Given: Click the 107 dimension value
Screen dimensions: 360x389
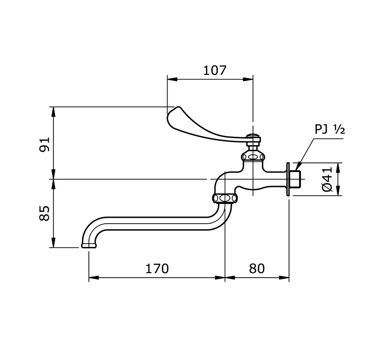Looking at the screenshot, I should pyautogui.click(x=215, y=70).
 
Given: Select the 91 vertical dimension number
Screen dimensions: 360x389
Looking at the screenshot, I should pyautogui.click(x=44, y=145).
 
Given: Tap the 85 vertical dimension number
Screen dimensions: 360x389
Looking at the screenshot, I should pyautogui.click(x=44, y=213).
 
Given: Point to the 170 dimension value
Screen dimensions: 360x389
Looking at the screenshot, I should pyautogui.click(x=157, y=268).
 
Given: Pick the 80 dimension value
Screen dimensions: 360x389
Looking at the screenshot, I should pyautogui.click(x=256, y=268).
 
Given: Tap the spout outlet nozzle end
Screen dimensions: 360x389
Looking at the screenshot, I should pyautogui.click(x=88, y=245).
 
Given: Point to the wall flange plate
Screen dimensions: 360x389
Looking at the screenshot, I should pyautogui.click(x=289, y=179).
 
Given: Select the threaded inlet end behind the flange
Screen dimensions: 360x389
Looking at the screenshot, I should pyautogui.click(x=296, y=179).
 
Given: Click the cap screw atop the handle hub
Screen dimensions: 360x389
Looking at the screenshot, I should pyautogui.click(x=253, y=136).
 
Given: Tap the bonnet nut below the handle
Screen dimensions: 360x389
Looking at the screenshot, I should pyautogui.click(x=253, y=156).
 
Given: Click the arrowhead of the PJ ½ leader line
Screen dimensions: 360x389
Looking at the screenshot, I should pyautogui.click(x=297, y=166).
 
